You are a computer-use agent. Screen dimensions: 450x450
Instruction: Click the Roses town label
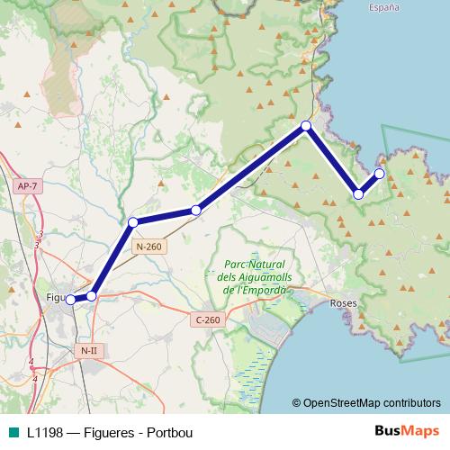[x=345, y=304]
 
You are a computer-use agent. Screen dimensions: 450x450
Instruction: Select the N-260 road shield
[x=148, y=246]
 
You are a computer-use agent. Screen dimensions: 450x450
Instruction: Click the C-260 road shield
[x=207, y=319]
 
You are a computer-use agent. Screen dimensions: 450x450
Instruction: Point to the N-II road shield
[x=88, y=350]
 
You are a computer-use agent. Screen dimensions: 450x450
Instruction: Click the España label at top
[x=383, y=7]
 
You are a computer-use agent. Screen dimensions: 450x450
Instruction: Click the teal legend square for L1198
[x=12, y=431]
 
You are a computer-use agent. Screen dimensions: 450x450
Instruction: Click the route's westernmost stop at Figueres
[x=70, y=300]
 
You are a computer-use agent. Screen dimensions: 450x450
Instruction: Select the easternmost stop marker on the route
[x=379, y=174]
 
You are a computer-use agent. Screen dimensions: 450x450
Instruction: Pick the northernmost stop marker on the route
[x=306, y=126]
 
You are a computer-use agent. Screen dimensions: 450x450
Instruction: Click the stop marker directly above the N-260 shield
[x=133, y=221]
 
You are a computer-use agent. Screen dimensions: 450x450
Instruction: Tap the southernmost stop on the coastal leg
[x=358, y=193]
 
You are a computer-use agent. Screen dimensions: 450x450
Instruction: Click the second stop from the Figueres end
[x=91, y=294]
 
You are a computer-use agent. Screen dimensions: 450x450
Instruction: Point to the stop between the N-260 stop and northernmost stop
[x=195, y=211]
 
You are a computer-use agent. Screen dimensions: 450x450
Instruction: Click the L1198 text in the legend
[x=45, y=431]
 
